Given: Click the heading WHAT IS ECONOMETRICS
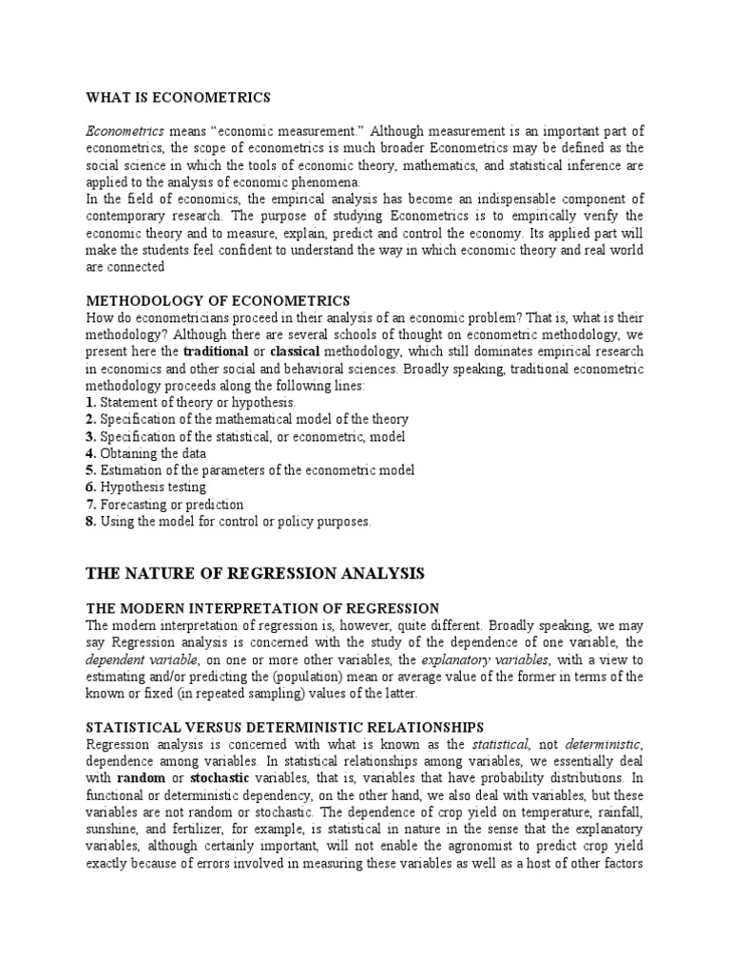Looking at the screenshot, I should click(179, 98).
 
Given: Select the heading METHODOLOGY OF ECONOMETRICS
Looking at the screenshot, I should click(218, 301).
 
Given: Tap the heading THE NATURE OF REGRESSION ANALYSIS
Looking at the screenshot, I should click(255, 573).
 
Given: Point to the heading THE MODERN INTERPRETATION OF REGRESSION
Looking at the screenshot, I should click(262, 608).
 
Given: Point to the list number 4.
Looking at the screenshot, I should click(90, 453).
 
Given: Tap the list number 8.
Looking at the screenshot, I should click(90, 522).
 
